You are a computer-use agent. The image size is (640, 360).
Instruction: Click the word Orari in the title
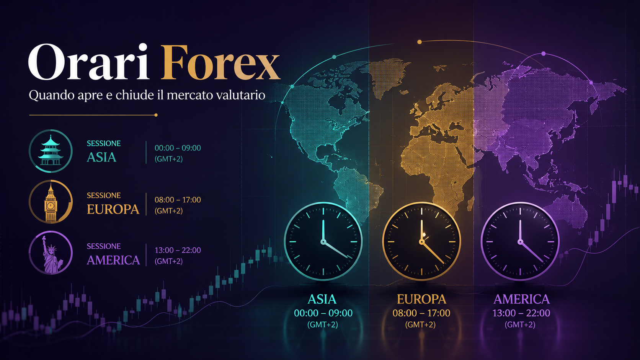pos(88,62)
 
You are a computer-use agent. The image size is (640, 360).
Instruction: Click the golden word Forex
pos(220,62)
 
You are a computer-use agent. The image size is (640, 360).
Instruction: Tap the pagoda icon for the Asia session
pos(51,151)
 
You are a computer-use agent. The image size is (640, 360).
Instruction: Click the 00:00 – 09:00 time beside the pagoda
pos(178,148)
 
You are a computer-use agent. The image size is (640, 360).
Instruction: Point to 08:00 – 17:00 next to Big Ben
pos(178,200)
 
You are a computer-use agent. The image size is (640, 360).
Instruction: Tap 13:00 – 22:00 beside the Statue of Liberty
pos(178,250)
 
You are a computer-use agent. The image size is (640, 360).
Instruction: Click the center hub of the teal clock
pos(323,242)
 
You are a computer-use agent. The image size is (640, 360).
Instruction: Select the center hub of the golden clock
pos(421,242)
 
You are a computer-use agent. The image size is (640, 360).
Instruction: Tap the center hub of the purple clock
pos(520,242)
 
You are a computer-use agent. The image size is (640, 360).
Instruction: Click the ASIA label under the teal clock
pos(322,299)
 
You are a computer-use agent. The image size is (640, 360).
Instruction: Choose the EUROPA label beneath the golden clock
pos(421,299)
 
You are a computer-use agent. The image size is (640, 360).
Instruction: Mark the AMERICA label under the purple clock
pos(521,299)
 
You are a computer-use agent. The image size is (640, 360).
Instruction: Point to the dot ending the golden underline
pos(156,115)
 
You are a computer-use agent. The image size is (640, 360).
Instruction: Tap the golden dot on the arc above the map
pos(420,42)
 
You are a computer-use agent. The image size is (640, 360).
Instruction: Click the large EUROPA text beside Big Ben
pos(113,209)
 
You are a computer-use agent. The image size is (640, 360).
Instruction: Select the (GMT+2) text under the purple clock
pos(520,324)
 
